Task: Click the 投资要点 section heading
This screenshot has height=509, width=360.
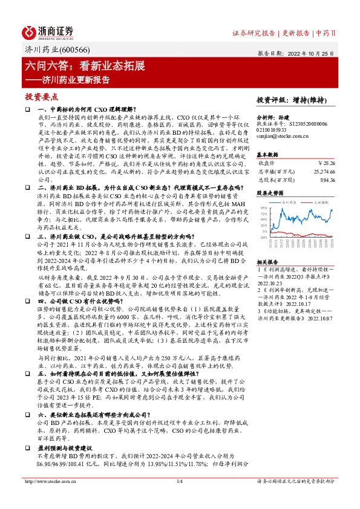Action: pos(42,97)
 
